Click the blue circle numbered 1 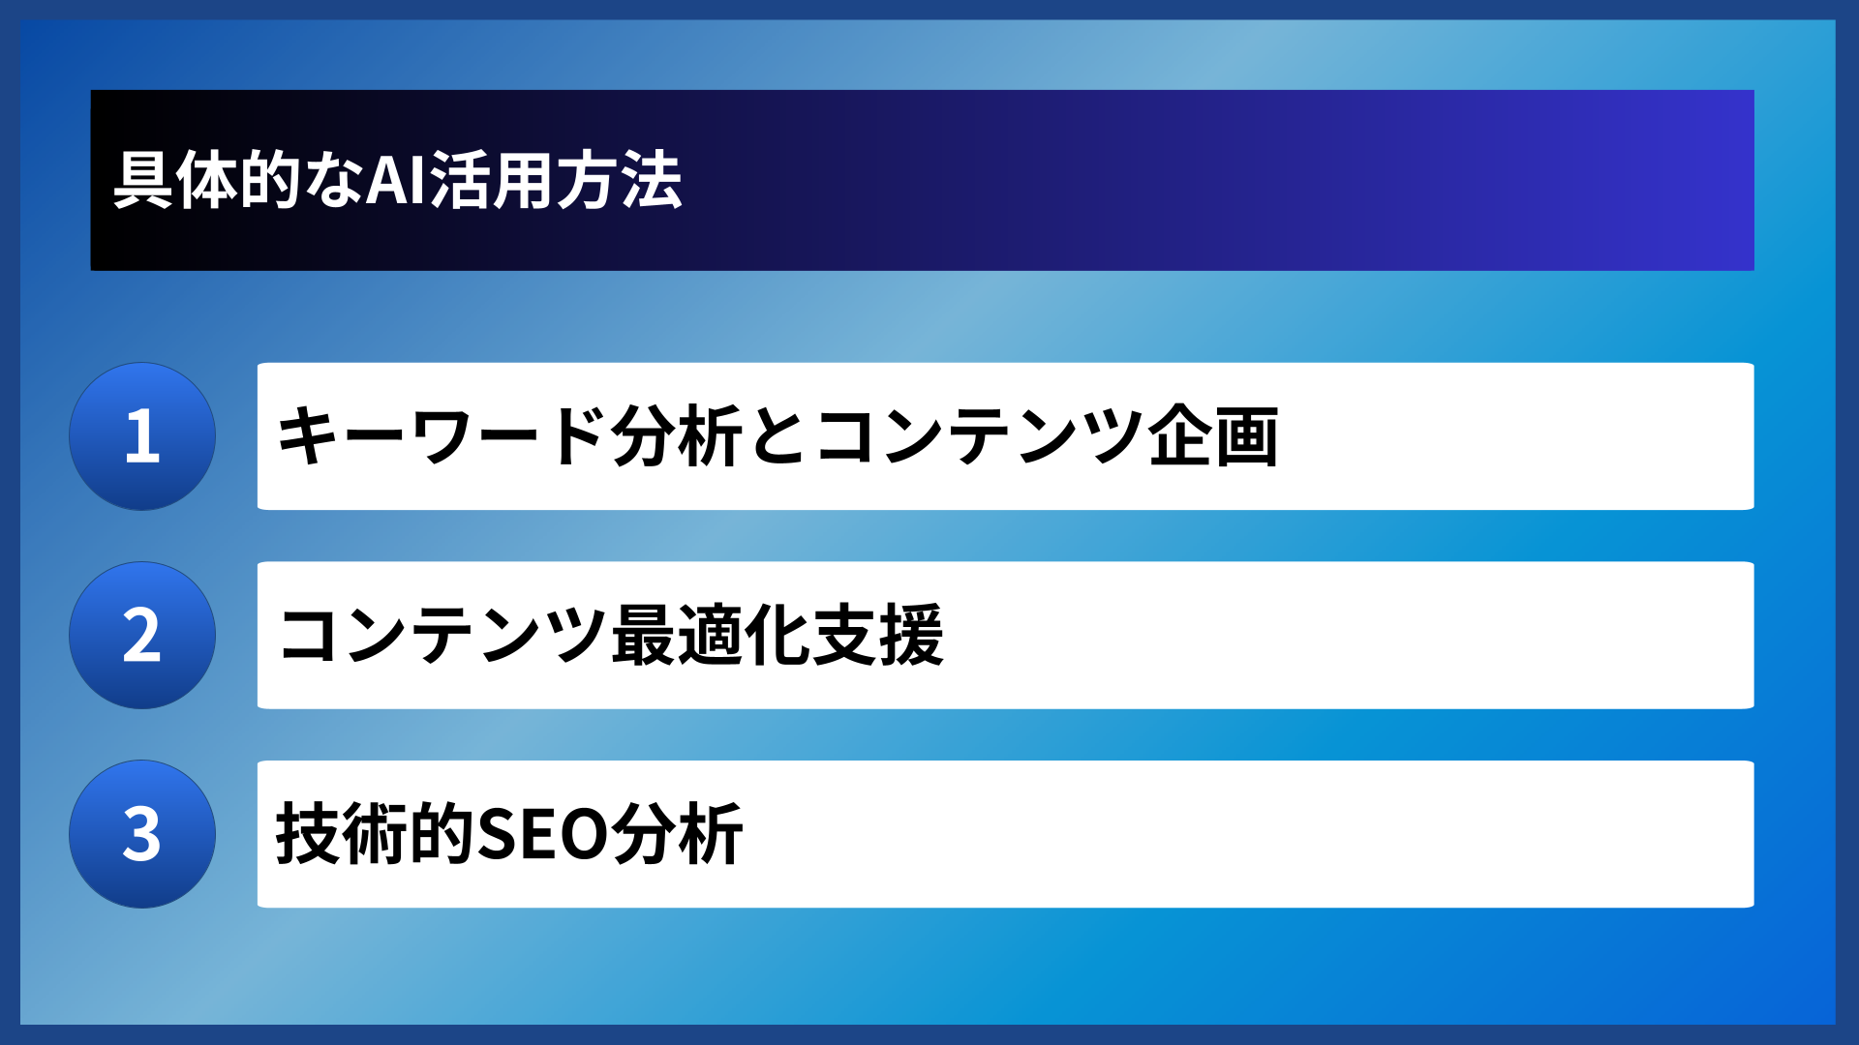point(142,436)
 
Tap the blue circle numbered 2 point(142,636)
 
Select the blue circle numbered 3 point(142,834)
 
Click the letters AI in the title point(396,181)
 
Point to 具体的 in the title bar point(208,181)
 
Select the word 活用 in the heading point(492,181)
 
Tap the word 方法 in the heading point(619,181)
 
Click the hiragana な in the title point(334,181)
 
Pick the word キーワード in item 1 point(442,436)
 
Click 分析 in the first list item point(677,436)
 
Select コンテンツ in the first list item point(978,436)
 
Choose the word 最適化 point(711,636)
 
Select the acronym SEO point(542,834)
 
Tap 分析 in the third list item point(677,834)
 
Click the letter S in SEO point(500,834)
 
